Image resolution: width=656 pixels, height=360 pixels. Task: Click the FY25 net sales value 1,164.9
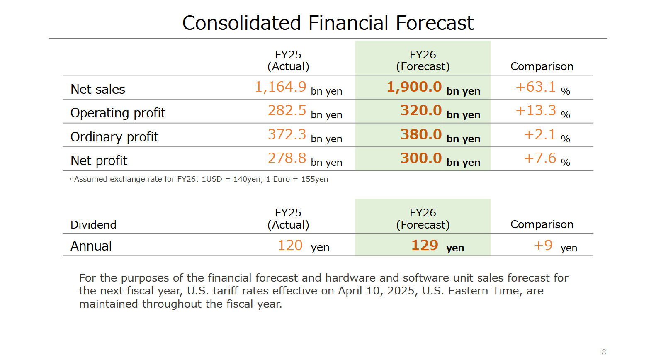point(280,87)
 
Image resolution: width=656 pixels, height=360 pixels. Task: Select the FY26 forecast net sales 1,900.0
point(414,87)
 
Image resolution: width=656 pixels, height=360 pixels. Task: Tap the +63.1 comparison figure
point(536,87)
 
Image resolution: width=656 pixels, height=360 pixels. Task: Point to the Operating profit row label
point(118,113)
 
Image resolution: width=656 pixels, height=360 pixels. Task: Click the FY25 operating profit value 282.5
point(287,111)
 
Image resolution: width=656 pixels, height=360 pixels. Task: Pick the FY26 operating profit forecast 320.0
point(421,111)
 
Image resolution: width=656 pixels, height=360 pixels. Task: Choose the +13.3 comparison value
point(536,111)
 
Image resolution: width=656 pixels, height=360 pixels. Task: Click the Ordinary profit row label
point(114,137)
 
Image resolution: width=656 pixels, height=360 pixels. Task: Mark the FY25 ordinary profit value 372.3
point(287,135)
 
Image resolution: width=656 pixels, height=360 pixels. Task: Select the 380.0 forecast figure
point(421,135)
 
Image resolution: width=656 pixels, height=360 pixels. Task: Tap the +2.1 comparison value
point(540,135)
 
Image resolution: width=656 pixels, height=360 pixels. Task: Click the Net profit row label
point(99,161)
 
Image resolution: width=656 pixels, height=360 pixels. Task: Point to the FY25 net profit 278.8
point(287,158)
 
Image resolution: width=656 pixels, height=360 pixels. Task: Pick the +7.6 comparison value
point(540,158)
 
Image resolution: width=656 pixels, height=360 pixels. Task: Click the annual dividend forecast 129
point(425,246)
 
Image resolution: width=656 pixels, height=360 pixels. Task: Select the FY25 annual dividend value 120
point(290,246)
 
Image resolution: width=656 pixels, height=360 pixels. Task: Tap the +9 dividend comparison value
point(543,246)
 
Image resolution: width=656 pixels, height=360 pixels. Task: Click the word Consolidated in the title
point(242,23)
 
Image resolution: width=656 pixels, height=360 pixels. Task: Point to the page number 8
point(604,352)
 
